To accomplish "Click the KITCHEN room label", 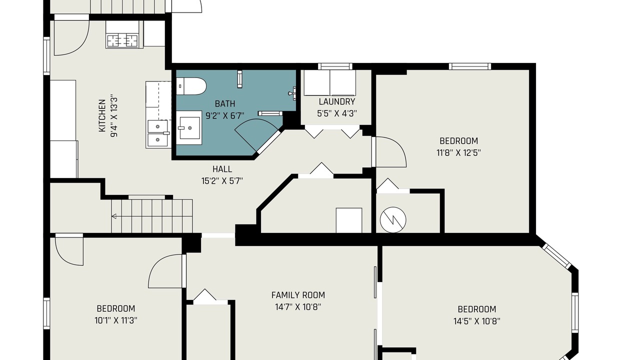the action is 102,115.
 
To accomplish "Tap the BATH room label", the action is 225,103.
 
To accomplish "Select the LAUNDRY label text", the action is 337,101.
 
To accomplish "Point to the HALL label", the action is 222,169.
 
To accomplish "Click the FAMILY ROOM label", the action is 298,295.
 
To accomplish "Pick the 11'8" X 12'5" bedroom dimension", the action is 458,153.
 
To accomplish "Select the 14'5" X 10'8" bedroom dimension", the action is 476,321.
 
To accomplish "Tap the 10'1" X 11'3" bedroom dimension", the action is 115,320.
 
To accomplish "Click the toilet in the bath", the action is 191,86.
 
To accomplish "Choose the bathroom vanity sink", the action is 189,128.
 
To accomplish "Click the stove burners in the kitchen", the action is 122,40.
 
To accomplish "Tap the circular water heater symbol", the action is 393,220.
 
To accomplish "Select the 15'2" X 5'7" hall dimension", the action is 222,181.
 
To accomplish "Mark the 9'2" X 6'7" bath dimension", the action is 225,115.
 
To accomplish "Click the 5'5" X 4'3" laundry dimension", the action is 337,113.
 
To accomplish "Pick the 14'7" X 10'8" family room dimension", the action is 298,307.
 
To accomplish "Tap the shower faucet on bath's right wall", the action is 292,93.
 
